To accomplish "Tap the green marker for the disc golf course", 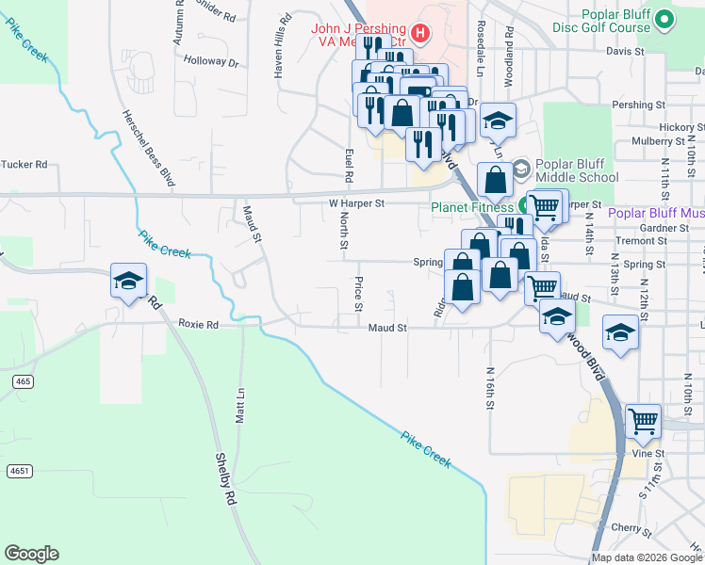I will (x=664, y=19).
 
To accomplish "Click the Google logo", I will (x=31, y=554).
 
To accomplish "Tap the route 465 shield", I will (x=24, y=380).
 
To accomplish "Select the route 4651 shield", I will (x=18, y=470).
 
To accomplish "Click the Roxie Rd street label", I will (x=198, y=324).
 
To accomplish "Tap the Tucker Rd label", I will (x=25, y=164).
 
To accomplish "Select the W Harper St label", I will (x=356, y=202).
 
